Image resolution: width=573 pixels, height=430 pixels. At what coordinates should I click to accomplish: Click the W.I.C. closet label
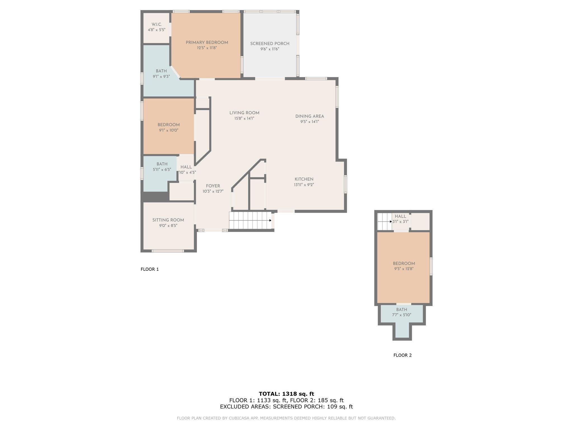[157, 25]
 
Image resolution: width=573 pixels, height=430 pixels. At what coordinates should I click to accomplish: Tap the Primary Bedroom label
[207, 43]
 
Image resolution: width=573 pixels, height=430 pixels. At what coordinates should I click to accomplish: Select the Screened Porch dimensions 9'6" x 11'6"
[270, 49]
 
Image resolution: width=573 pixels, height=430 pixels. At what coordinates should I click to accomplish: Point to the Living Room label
[244, 113]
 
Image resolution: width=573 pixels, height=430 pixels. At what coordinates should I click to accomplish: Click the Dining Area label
[310, 116]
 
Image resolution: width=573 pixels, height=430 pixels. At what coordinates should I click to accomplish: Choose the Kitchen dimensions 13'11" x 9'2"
[304, 185]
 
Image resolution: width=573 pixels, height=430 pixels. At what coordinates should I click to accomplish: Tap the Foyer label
[213, 186]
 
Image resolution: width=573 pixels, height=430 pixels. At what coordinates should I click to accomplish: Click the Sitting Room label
[168, 220]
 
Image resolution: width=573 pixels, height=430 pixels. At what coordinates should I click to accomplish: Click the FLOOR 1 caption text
[150, 269]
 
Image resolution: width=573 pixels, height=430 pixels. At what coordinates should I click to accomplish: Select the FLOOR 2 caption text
[403, 355]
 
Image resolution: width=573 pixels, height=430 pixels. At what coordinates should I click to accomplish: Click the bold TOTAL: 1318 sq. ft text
[286, 394]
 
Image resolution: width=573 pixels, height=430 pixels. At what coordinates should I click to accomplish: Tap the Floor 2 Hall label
[400, 216]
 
